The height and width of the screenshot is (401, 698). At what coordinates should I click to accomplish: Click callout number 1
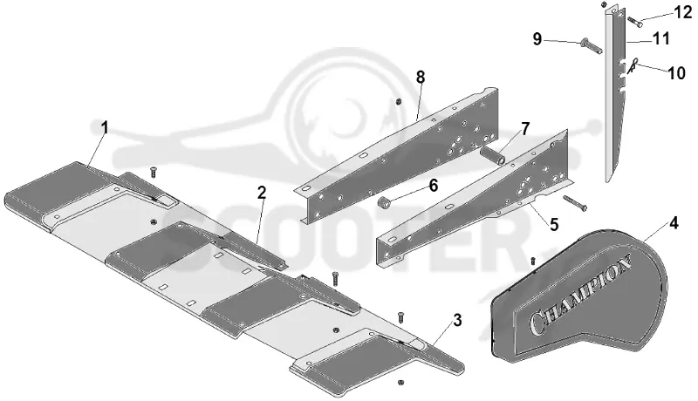tap(105, 127)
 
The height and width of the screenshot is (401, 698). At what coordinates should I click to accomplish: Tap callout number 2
tap(262, 193)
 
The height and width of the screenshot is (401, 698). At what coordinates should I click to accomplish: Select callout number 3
tap(457, 320)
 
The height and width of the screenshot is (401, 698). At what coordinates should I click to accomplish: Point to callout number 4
tap(674, 223)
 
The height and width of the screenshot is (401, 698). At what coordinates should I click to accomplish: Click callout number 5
tap(554, 225)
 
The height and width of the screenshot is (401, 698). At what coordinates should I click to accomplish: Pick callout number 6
tap(433, 186)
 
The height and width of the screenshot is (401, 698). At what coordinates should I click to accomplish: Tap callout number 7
tap(526, 129)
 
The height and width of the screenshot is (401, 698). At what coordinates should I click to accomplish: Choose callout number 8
tap(421, 78)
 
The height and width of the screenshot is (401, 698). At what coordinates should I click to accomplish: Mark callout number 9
tap(537, 39)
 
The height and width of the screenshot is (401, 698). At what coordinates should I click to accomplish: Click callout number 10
tap(677, 73)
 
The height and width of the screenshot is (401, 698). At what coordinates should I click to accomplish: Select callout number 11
tap(661, 38)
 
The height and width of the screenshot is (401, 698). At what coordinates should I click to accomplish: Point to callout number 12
tap(683, 12)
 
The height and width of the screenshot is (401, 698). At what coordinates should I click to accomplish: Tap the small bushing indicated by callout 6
tap(384, 203)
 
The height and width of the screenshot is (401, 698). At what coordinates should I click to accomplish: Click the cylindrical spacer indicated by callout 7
tap(493, 156)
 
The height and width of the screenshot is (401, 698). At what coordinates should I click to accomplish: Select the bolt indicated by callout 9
tap(592, 46)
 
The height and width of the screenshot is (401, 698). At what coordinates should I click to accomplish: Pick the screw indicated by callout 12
tap(634, 21)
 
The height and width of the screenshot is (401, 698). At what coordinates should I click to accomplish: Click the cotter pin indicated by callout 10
tap(633, 65)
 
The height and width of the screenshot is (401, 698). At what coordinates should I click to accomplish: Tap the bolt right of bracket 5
tap(575, 203)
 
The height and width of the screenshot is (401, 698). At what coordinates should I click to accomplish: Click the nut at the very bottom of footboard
tap(400, 382)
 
